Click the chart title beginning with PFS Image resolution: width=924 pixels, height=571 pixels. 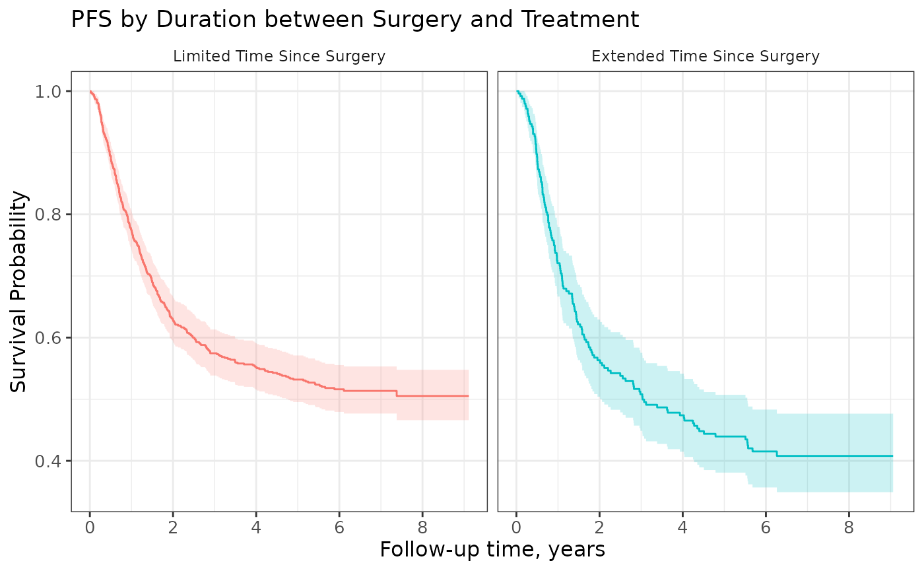pos(355,19)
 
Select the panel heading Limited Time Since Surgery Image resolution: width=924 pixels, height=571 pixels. pos(279,56)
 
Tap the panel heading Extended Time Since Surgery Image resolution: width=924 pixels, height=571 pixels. pos(706,56)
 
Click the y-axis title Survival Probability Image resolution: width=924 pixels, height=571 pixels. pos(18,292)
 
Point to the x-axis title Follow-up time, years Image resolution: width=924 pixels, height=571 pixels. pos(492,550)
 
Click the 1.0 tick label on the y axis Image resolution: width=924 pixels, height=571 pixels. pos(48,92)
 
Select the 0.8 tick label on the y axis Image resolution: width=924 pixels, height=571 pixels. pos(48,215)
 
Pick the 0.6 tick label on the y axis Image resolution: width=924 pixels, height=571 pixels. pos(48,338)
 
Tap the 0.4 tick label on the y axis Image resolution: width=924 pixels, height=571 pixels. pos(48,461)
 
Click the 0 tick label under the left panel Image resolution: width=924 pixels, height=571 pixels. pos(90,527)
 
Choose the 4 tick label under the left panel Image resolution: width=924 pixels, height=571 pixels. pos(256,527)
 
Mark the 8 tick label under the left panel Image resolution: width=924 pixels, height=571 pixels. pos(422,527)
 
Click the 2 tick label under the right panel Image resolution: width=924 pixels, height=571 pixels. pos(599,527)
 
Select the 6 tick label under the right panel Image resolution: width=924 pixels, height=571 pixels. pos(766,527)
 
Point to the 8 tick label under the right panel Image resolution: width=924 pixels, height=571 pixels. pos(849,527)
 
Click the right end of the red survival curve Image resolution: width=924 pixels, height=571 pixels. pos(469,396)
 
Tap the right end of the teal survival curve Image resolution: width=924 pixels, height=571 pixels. pos(892,456)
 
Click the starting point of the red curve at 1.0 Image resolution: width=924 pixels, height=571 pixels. pos(90,91)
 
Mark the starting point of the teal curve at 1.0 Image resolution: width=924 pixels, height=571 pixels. pos(516,91)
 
